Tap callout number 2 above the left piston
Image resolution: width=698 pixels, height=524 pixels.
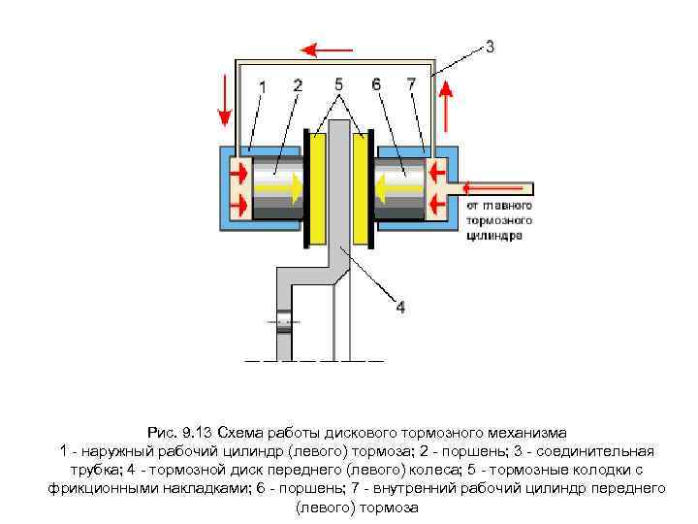(x=296, y=86)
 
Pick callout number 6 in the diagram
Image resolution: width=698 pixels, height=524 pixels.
(x=375, y=85)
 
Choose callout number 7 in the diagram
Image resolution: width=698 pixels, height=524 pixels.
(x=412, y=85)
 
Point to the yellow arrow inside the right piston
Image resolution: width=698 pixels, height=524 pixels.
(x=391, y=181)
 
